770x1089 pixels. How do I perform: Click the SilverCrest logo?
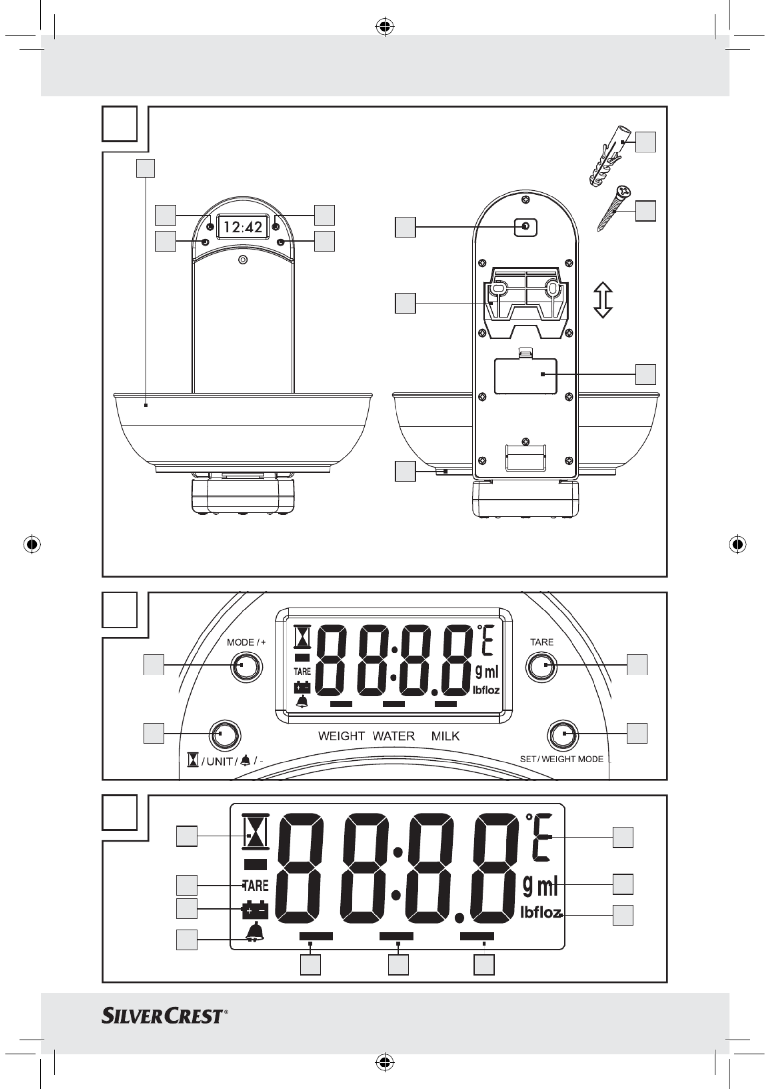click(165, 1016)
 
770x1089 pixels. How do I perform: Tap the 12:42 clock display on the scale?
click(243, 227)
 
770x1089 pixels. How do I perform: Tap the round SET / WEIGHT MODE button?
click(562, 734)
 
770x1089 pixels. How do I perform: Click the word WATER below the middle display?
click(394, 736)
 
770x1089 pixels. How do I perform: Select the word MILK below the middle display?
click(445, 736)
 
